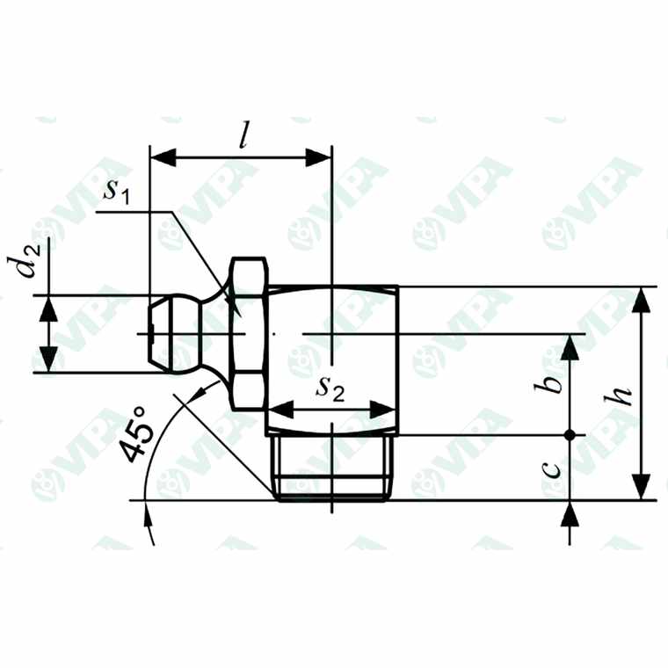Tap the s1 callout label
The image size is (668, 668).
click(117, 192)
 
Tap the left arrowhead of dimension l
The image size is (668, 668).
click(163, 158)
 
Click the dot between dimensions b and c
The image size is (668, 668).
click(570, 435)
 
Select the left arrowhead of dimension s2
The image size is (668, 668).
click(280, 410)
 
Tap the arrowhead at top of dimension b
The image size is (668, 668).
click(570, 346)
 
